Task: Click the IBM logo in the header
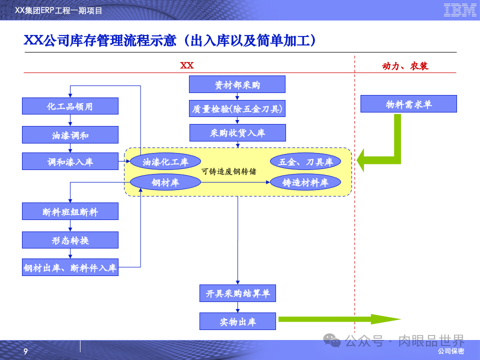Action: click(459, 9)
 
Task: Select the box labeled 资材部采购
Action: click(237, 84)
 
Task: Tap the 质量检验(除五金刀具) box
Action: click(237, 108)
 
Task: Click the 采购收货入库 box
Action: click(237, 133)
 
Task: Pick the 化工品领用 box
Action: click(70, 106)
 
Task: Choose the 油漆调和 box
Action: click(70, 135)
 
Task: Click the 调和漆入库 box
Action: click(70, 161)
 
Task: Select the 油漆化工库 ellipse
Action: click(165, 161)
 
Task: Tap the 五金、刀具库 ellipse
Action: click(305, 161)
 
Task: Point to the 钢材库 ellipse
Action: click(165, 182)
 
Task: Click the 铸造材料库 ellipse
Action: click(305, 182)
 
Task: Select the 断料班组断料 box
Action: click(70, 211)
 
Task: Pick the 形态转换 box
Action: click(70, 240)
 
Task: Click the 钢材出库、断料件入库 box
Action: click(70, 267)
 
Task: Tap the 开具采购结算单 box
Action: click(237, 293)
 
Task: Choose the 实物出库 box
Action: click(237, 321)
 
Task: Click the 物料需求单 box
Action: click(408, 104)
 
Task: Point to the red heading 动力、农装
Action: click(405, 66)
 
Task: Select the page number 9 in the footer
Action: click(26, 351)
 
